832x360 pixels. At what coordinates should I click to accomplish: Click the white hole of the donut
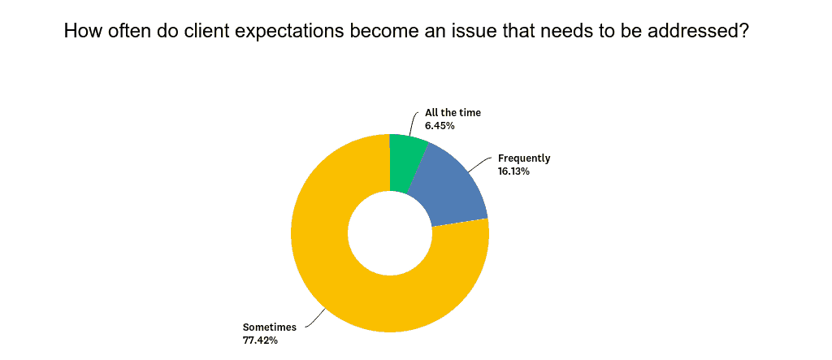(x=390, y=232)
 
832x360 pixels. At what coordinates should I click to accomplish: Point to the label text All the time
(x=453, y=113)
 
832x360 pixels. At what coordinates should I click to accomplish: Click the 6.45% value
(x=440, y=126)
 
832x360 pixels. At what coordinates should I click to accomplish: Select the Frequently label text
(x=524, y=158)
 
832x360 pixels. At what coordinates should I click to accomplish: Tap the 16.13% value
(x=513, y=171)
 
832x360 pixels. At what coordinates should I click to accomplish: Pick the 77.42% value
(x=260, y=340)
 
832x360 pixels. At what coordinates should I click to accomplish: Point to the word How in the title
(x=82, y=33)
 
